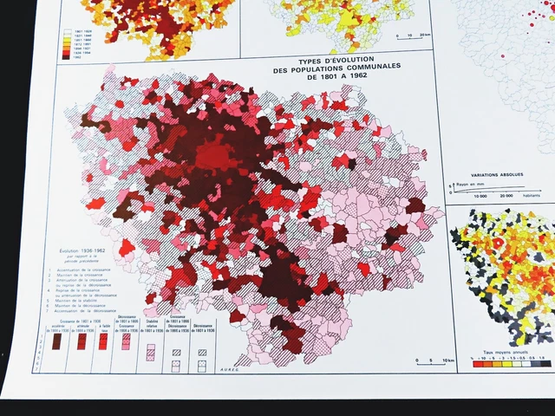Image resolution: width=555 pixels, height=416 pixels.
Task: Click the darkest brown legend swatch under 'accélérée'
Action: [56, 342]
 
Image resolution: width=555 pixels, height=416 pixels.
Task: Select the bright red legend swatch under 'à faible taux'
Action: [103, 341]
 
